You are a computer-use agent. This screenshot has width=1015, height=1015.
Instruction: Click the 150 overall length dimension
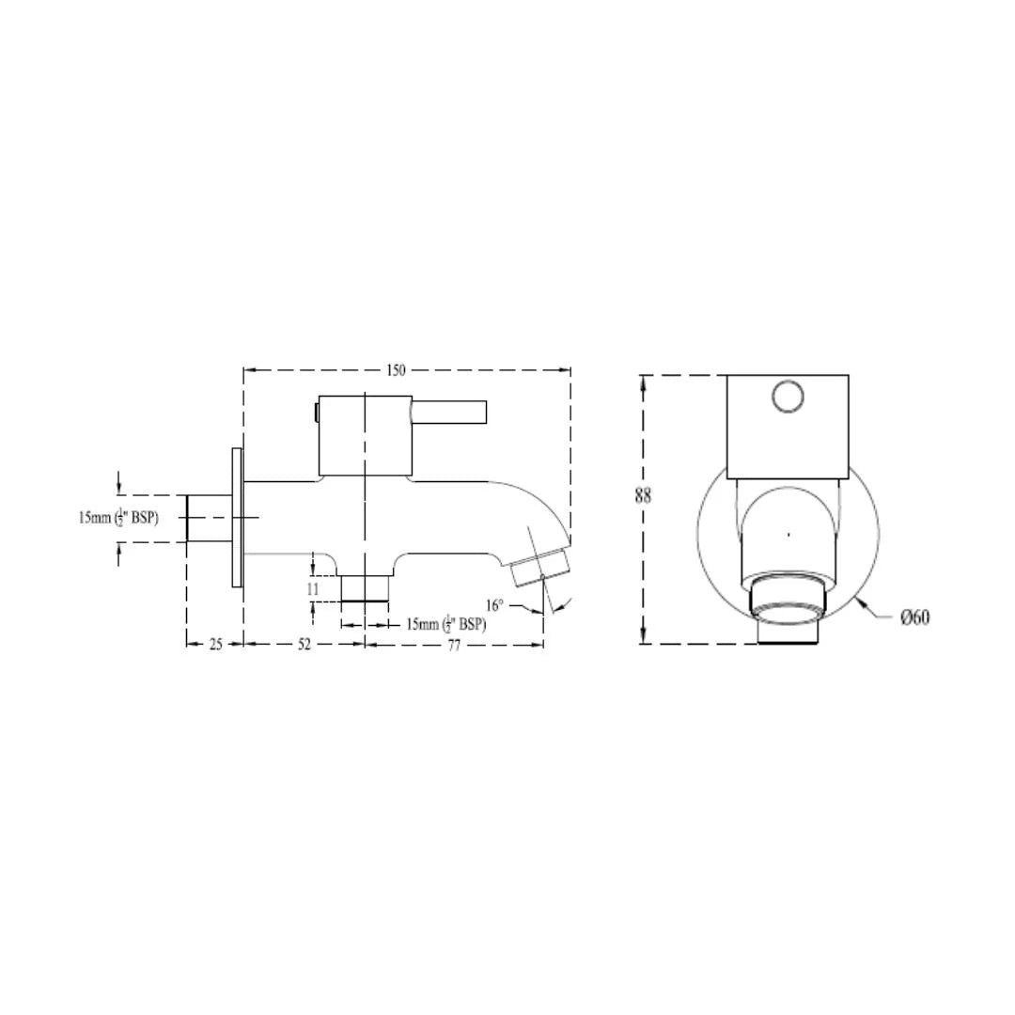pos(396,370)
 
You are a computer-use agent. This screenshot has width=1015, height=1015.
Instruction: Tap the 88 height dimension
pos(643,495)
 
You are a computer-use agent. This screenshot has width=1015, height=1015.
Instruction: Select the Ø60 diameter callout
pos(914,617)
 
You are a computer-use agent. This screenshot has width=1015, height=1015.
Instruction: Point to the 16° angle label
pos(494,605)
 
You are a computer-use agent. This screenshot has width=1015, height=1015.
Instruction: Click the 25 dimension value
pos(215,645)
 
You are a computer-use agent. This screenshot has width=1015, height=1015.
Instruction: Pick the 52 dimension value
pos(304,645)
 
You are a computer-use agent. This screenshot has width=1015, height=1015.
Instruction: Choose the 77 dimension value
pos(454,645)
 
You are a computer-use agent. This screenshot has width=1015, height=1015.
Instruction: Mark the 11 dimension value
pos(313,588)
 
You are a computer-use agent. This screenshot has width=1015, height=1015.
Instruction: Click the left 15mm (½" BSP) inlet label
pos(118,518)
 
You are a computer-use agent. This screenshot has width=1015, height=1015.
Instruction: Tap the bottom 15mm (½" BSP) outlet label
pos(445,624)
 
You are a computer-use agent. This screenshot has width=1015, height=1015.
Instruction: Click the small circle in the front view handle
pos(789,396)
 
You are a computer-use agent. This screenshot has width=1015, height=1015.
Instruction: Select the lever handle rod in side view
pos(449,412)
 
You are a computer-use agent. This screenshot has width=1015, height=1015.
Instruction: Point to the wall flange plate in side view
pos(237,517)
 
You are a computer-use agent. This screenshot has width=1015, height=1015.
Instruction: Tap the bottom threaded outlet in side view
pos(365,587)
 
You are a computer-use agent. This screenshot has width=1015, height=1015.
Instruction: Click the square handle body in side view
pos(365,435)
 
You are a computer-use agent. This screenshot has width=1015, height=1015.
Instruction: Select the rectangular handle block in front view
pos(788,425)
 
